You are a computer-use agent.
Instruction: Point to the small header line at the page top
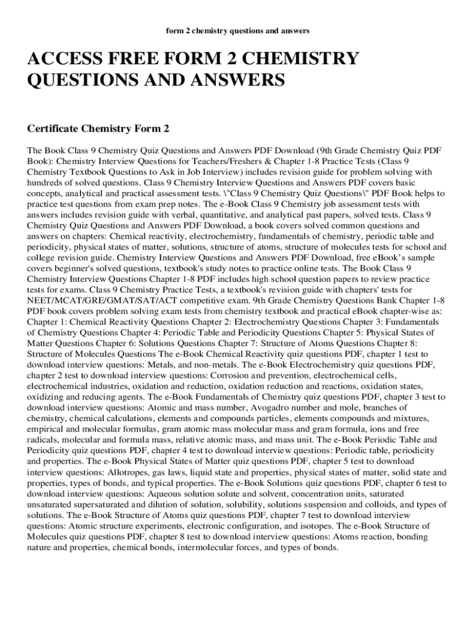238,30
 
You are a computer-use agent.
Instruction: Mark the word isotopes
321,525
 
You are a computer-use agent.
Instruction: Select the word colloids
381,504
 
